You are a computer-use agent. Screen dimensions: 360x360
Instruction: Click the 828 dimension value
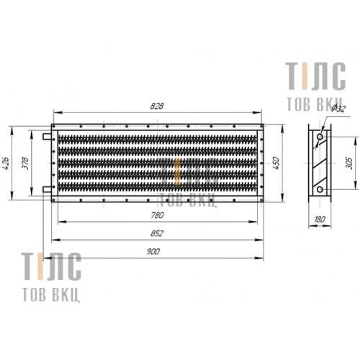click(x=157, y=106)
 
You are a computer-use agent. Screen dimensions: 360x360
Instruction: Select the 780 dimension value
click(x=158, y=215)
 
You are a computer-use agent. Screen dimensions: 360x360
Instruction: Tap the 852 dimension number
click(x=157, y=233)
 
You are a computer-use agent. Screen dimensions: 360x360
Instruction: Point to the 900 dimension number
click(x=153, y=251)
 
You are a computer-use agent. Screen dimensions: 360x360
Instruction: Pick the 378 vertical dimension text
click(x=25, y=163)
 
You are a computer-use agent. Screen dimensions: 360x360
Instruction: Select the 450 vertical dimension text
click(x=276, y=163)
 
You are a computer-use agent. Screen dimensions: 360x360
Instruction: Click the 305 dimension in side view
click(x=350, y=163)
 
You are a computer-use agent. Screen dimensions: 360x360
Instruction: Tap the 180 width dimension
click(x=320, y=219)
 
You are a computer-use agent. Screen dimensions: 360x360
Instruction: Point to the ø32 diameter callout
click(x=338, y=108)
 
